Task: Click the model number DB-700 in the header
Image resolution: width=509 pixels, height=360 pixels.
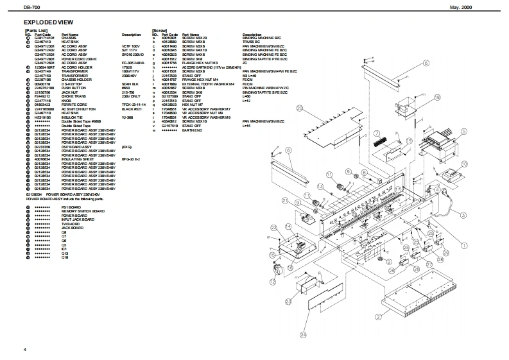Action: [x=30, y=6]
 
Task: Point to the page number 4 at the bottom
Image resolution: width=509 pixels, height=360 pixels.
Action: [x=24, y=348]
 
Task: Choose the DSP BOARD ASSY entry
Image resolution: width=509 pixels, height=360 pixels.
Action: [x=74, y=147]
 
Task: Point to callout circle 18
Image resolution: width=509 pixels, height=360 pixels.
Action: [x=437, y=98]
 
